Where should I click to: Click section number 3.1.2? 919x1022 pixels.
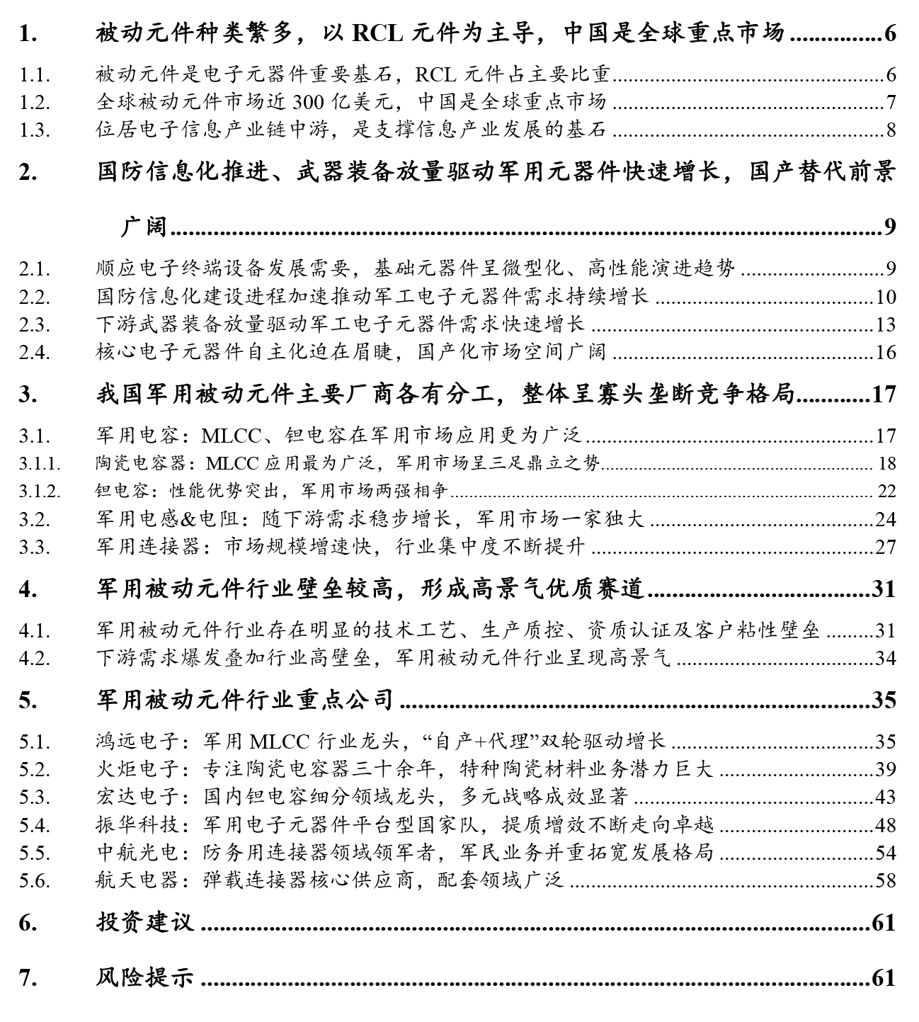click(39, 492)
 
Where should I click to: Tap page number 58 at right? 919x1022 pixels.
click(885, 881)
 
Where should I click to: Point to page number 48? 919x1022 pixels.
click(885, 825)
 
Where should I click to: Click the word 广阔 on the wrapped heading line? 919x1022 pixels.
click(144, 227)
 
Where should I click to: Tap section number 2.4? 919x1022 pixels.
click(35, 353)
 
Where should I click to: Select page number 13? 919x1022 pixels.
click(885, 325)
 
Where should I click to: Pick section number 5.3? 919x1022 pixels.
click(35, 797)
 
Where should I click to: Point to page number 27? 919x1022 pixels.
click(885, 547)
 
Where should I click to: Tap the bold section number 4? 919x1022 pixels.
click(28, 589)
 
